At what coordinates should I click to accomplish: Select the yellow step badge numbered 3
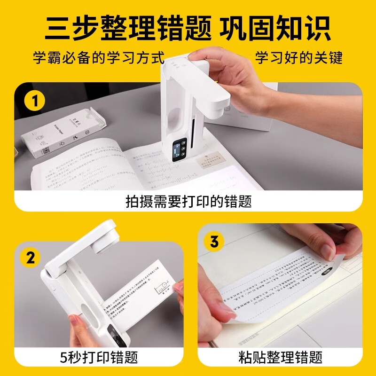pyautogui.click(x=214, y=242)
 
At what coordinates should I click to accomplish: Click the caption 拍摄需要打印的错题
pyautogui.click(x=188, y=201)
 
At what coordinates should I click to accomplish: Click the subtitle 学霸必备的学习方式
pyautogui.click(x=99, y=58)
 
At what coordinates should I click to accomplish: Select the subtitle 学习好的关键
pyautogui.click(x=298, y=58)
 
